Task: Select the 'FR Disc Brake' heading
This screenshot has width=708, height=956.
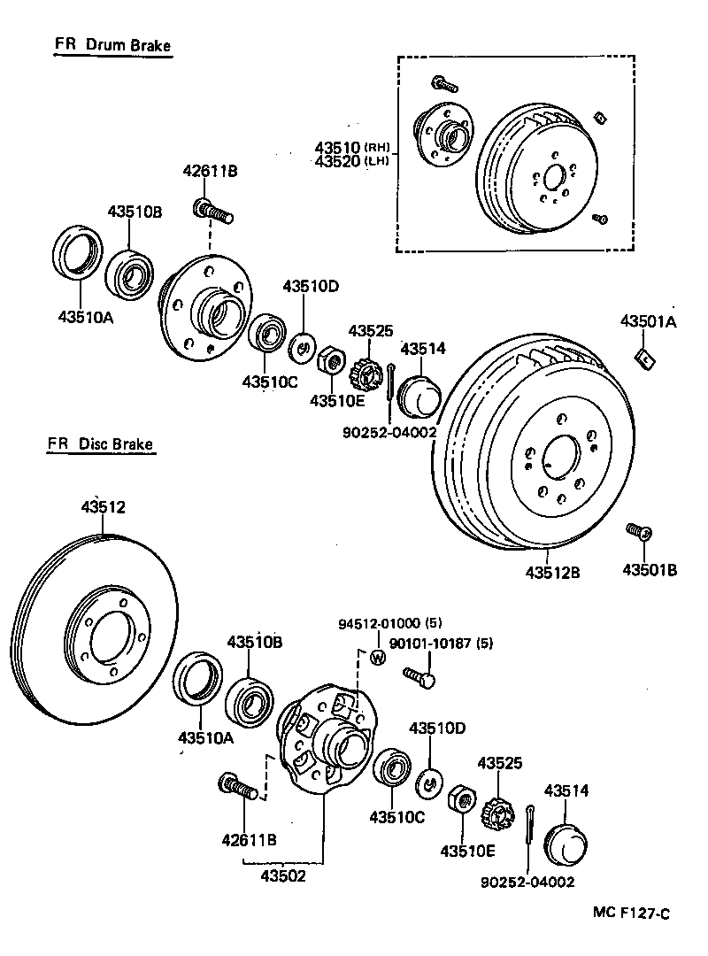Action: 102,444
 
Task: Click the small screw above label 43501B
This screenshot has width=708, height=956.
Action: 638,532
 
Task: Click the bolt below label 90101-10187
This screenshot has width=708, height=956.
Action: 420,679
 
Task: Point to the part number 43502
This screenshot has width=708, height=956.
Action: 283,876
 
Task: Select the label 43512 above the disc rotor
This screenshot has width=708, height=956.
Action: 104,507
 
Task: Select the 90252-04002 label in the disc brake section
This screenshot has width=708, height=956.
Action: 527,882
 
